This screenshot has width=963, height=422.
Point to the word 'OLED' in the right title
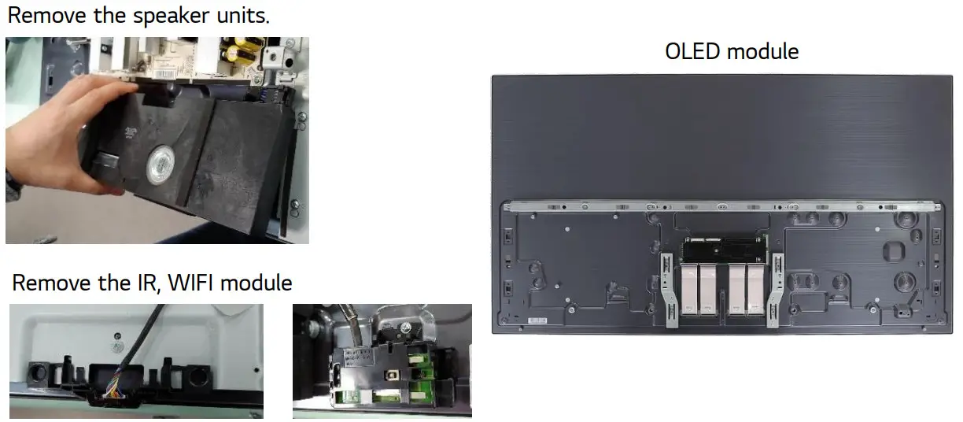point(693,52)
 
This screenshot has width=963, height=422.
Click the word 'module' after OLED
point(763,52)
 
